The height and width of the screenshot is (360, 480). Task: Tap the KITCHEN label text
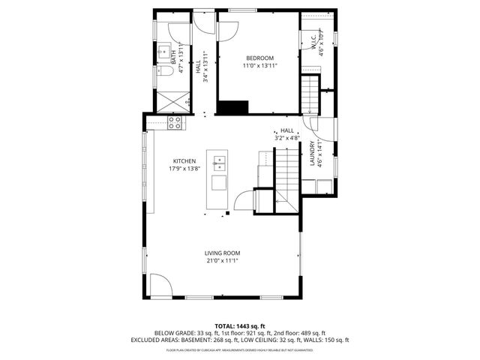click(x=184, y=161)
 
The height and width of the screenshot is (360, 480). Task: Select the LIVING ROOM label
click(x=223, y=253)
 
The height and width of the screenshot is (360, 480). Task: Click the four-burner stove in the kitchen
click(x=175, y=122)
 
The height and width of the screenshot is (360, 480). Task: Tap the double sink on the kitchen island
click(x=220, y=162)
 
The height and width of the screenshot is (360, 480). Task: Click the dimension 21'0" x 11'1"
click(x=223, y=261)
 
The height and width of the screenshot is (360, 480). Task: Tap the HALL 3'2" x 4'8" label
click(x=287, y=133)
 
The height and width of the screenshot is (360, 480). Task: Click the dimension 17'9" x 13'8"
click(x=184, y=169)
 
